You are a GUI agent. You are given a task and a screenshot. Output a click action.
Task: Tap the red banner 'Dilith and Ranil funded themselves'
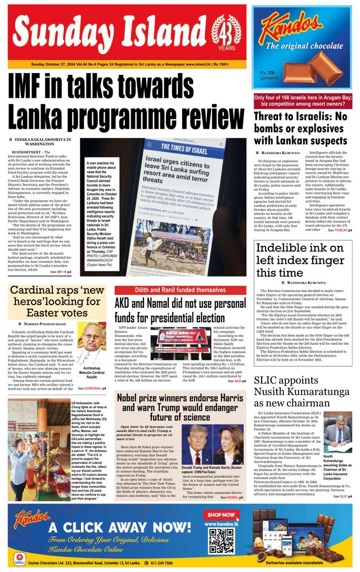(x=180, y=290)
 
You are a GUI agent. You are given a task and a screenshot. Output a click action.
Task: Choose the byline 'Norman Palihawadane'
(x=45, y=324)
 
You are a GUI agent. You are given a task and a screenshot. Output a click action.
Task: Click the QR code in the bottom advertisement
(x=220, y=541)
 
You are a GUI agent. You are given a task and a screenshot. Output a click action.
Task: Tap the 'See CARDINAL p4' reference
(x=92, y=388)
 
